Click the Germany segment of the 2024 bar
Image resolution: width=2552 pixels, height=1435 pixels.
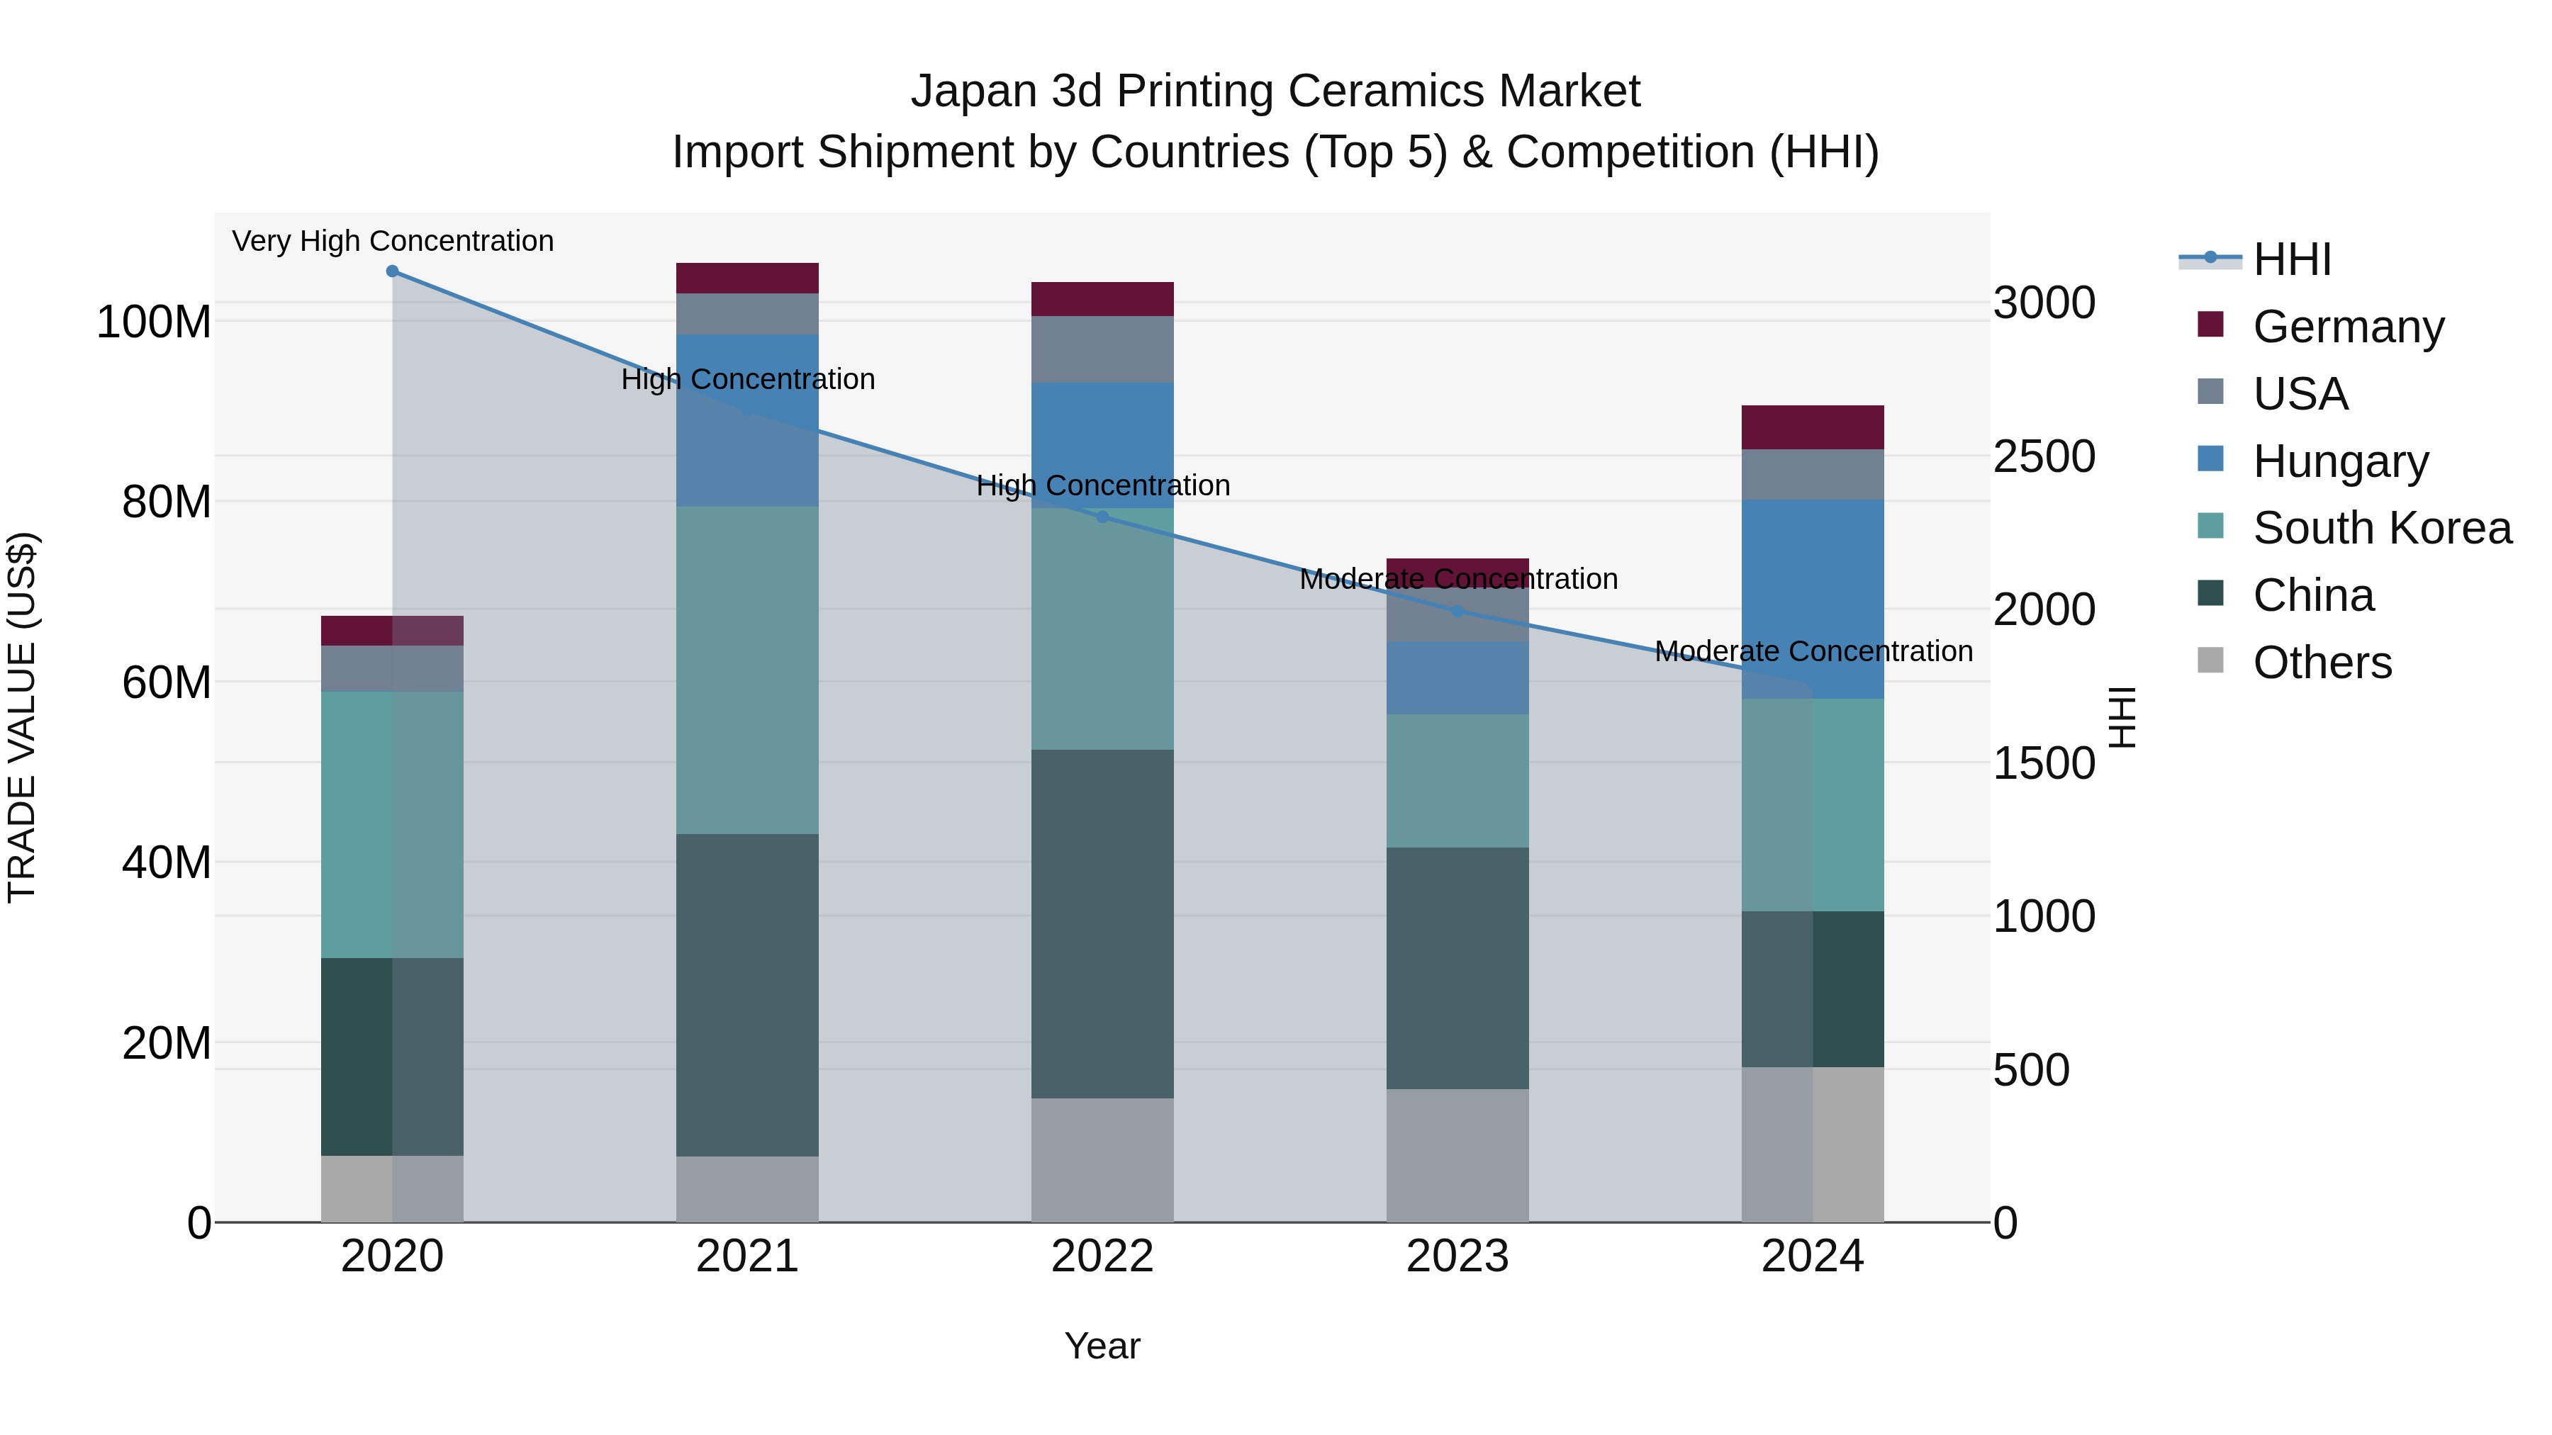coord(1812,427)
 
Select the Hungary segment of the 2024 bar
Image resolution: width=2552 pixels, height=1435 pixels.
coord(1812,598)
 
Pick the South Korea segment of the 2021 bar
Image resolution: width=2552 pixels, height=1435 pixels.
coord(747,670)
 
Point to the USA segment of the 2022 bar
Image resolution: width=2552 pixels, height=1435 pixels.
coord(1102,349)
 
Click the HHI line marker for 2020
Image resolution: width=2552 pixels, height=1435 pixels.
coord(392,271)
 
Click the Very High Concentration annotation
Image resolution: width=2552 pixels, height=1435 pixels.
coord(392,241)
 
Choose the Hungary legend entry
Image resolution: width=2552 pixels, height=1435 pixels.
coord(2340,461)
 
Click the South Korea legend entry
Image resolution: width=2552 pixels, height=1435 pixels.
coord(2382,528)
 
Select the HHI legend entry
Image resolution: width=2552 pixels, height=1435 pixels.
coord(2291,259)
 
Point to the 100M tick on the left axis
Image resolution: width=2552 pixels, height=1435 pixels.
coord(154,322)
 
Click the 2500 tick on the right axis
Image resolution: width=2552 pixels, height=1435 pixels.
coord(2044,456)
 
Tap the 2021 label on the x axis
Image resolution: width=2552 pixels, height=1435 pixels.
coord(747,1256)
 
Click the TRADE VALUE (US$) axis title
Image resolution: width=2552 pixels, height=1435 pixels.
coord(22,717)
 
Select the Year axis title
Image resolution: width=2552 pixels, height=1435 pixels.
coord(1102,1346)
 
